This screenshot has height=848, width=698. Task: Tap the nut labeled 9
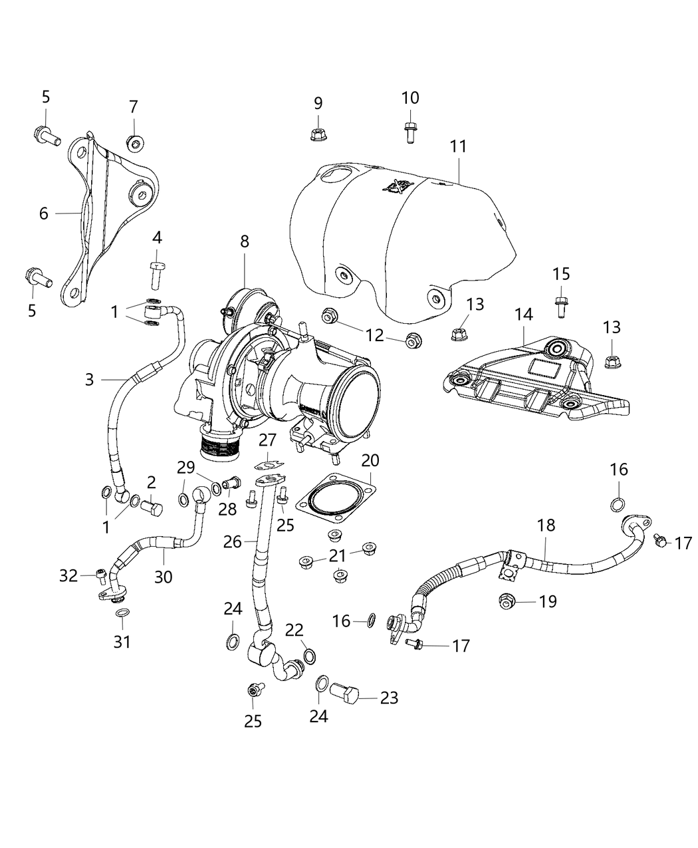click(318, 134)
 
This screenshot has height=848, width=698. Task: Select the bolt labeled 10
click(409, 132)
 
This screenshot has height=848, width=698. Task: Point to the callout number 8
click(245, 241)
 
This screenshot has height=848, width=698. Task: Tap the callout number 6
click(44, 213)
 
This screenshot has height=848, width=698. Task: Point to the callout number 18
click(546, 525)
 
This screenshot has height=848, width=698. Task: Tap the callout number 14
click(523, 315)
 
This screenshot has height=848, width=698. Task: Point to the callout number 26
click(232, 541)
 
